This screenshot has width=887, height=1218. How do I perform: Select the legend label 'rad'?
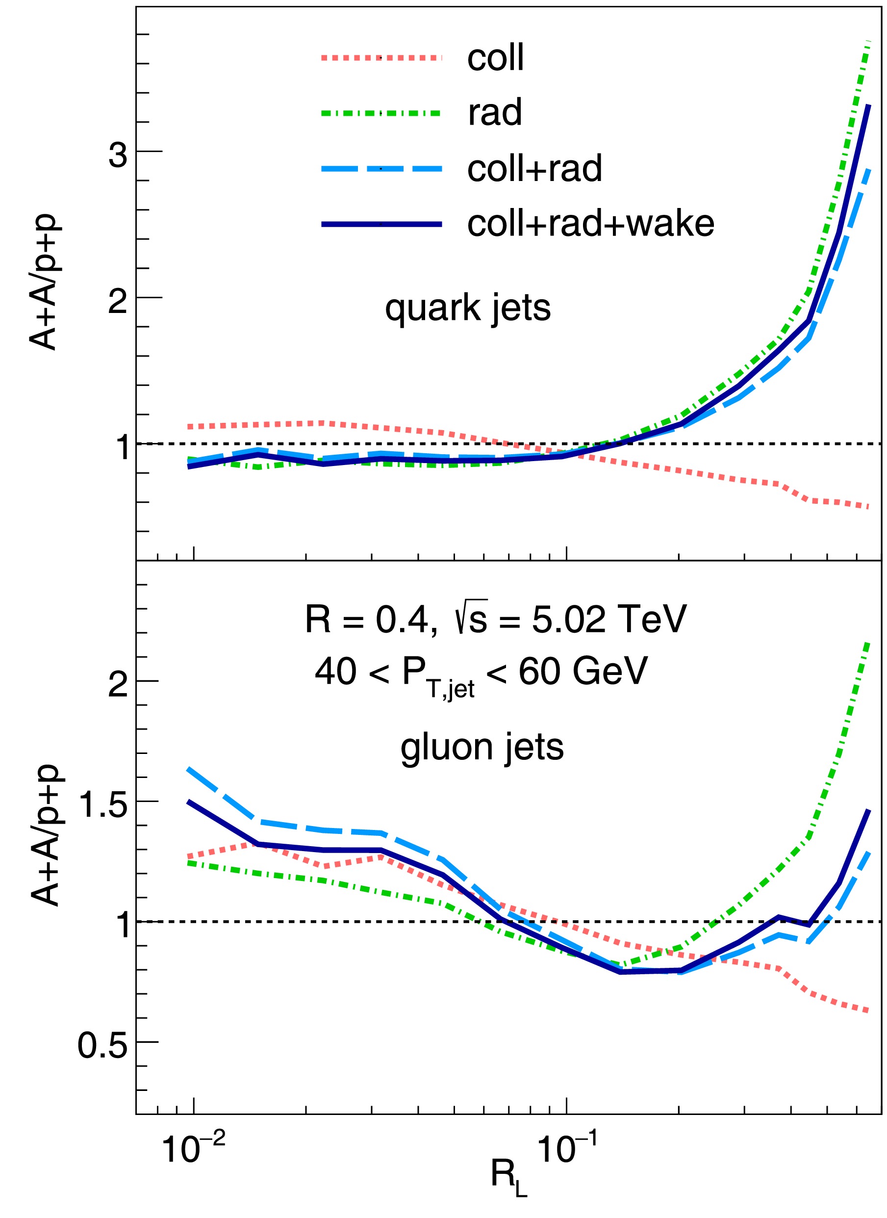click(x=495, y=113)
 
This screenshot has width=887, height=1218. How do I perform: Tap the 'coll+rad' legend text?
click(x=534, y=169)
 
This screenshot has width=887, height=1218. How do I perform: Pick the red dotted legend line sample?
click(x=381, y=57)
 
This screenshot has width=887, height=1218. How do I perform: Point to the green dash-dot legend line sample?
click(x=381, y=113)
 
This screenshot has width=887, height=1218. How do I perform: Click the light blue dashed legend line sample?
click(x=381, y=169)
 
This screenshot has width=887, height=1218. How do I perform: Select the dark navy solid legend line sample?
click(x=381, y=224)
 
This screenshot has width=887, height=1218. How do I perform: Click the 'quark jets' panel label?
click(x=468, y=308)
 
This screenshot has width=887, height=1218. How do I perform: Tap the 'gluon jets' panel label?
click(x=482, y=747)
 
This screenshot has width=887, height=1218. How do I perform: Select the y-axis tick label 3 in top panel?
click(x=118, y=155)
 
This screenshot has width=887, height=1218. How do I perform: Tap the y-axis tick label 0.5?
click(x=103, y=1046)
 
